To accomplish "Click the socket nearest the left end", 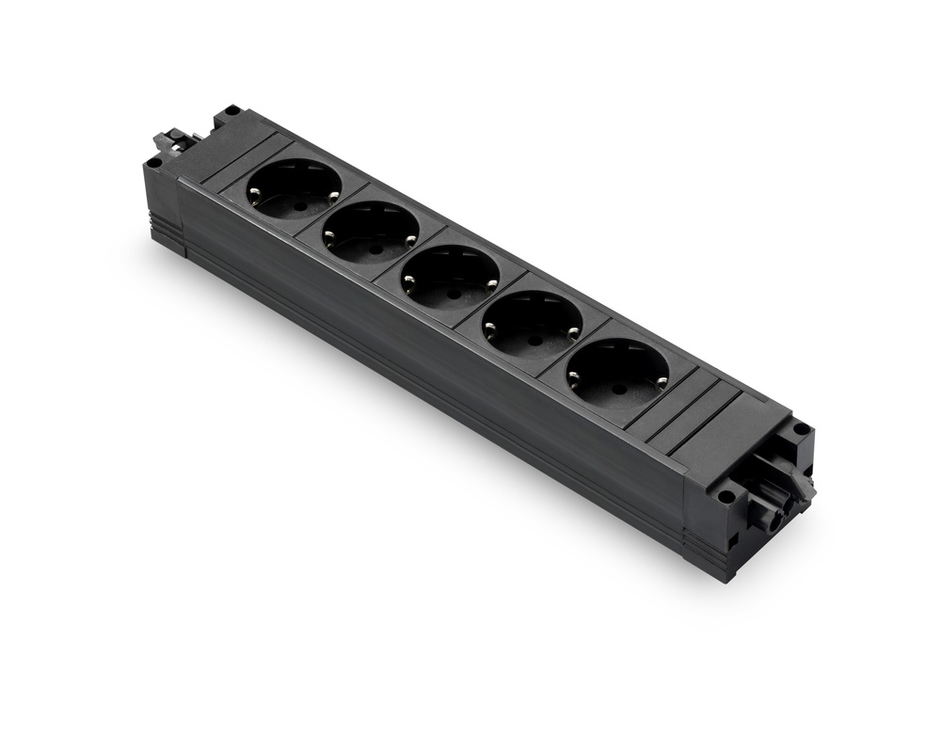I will pos(295,188).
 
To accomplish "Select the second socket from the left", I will pos(372,232).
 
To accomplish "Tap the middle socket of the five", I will pos(450,277).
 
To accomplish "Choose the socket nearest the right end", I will pos(617,373).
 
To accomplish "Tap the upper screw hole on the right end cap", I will pos(801,428).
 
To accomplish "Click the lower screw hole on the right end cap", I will pos(726,495).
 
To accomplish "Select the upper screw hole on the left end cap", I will pos(231,111).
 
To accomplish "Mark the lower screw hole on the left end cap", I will pos(153,161).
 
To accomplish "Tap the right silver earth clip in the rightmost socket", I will pos(662,379).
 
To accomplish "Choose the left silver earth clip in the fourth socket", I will pos(489,329).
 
